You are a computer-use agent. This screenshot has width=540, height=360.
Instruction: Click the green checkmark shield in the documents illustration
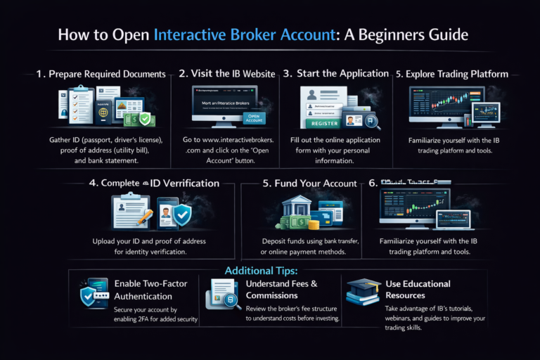pyautogui.click(x=145, y=120)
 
